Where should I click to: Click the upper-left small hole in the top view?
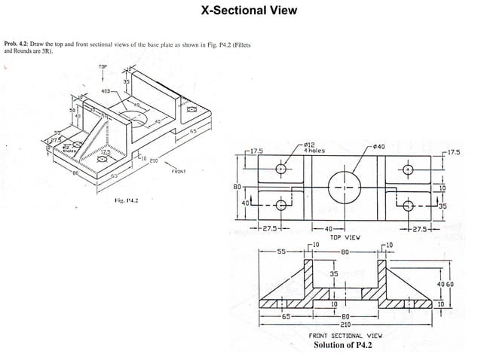[281, 169]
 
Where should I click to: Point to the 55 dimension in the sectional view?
[280, 252]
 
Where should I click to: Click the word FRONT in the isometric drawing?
[178, 171]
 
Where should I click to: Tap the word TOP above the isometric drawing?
[103, 67]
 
